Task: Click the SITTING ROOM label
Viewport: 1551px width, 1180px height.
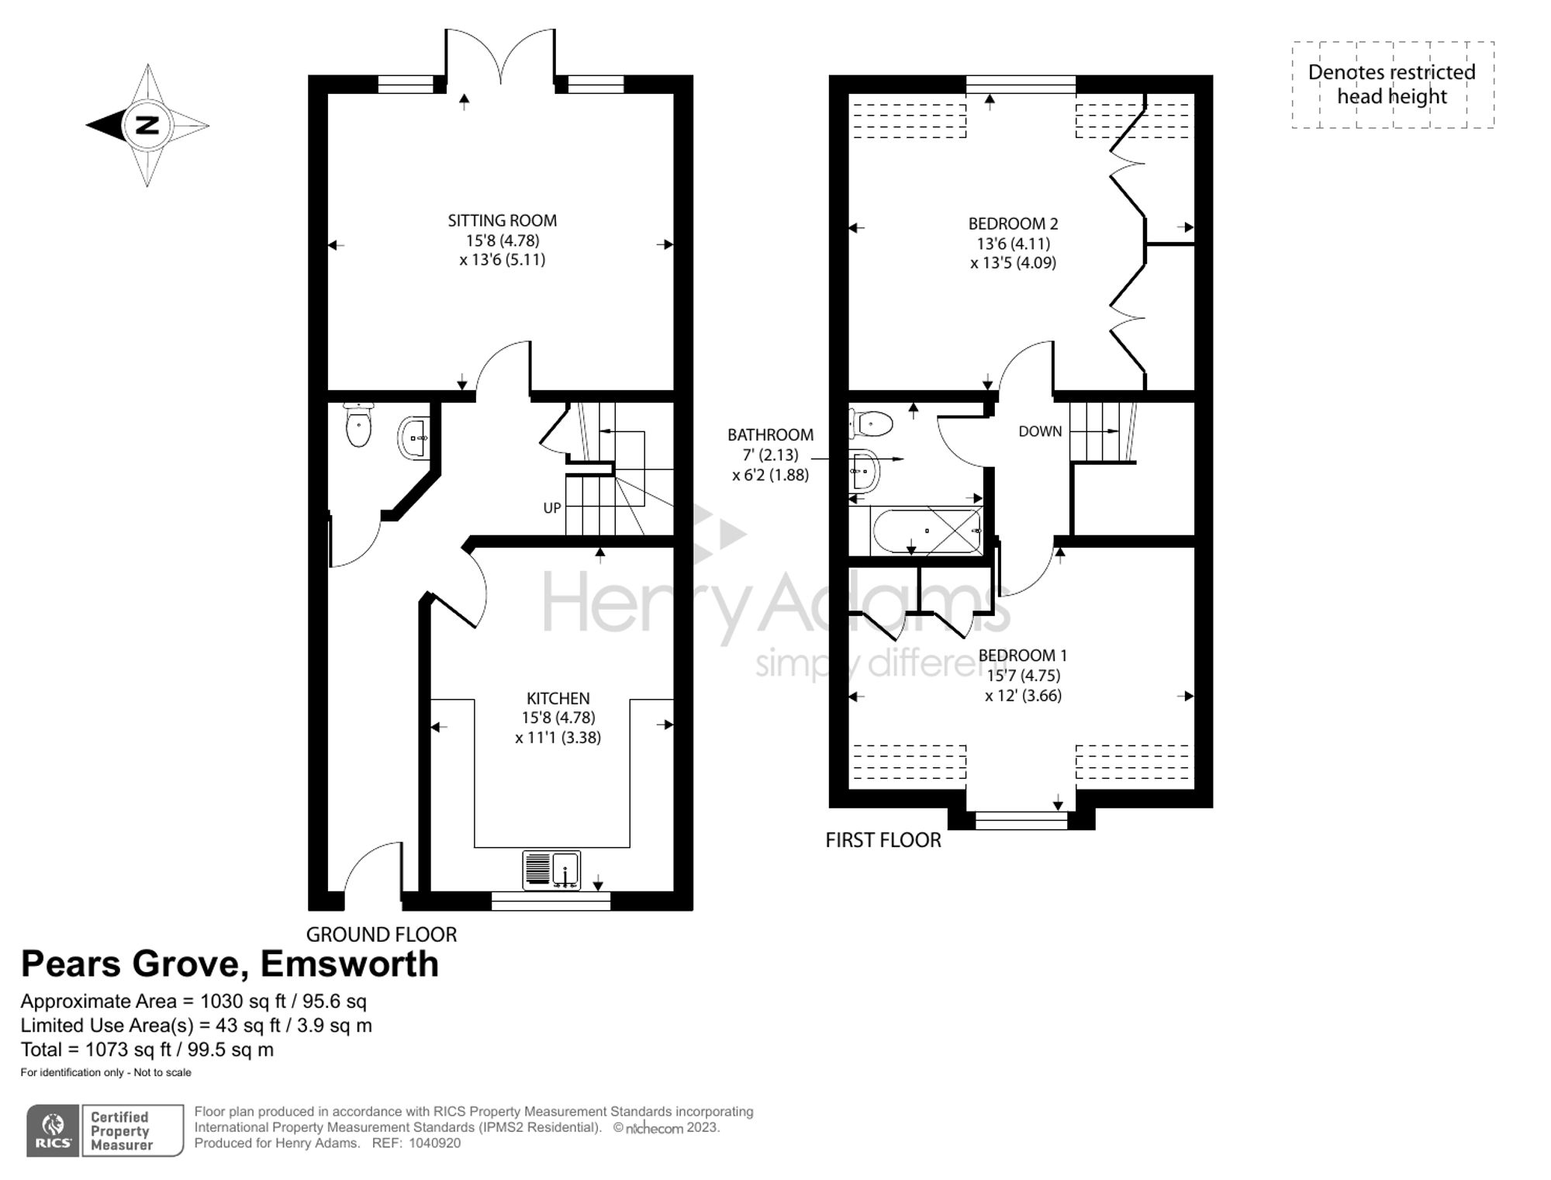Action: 502,221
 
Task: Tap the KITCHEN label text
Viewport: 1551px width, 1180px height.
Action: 558,698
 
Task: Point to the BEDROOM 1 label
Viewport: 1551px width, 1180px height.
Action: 1022,656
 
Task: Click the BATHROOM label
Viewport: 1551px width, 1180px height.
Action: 770,435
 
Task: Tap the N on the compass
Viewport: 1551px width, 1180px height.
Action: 147,125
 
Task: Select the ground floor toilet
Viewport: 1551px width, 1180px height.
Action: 358,425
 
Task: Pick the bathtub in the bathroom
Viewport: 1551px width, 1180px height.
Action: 927,531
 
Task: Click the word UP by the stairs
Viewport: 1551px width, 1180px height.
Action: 551,508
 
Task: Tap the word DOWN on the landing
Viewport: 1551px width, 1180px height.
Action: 1039,431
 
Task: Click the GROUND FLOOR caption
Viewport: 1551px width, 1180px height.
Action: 381,934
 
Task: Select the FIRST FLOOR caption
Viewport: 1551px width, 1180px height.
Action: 883,840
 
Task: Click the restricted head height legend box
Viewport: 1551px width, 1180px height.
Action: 1392,85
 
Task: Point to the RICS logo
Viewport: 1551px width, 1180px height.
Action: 53,1130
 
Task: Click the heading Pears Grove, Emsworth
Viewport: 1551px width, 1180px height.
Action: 230,964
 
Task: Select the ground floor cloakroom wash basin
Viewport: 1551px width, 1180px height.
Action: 414,438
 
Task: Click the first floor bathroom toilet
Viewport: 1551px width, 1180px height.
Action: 872,424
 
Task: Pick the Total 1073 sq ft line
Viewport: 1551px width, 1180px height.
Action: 147,1050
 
